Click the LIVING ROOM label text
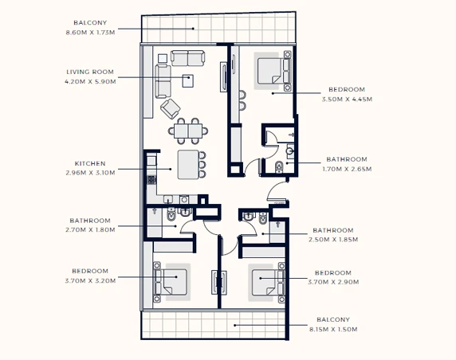coord(90,72)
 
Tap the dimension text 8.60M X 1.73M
coord(90,32)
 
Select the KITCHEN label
coord(90,163)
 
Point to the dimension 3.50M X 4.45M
coord(347,99)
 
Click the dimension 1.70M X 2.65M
coord(347,169)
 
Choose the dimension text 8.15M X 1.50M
coord(333,329)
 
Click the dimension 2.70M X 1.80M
coord(90,229)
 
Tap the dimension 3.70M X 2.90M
coord(333,282)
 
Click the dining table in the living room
coord(188,131)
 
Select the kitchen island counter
coord(188,164)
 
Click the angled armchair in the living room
coord(171,108)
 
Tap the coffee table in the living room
coord(188,80)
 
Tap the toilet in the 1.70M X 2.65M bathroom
coord(279,166)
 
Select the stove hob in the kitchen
coord(151,180)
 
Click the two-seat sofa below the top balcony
coord(187,58)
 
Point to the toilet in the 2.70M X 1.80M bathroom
coord(171,214)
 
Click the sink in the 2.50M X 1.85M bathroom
coord(249,216)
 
